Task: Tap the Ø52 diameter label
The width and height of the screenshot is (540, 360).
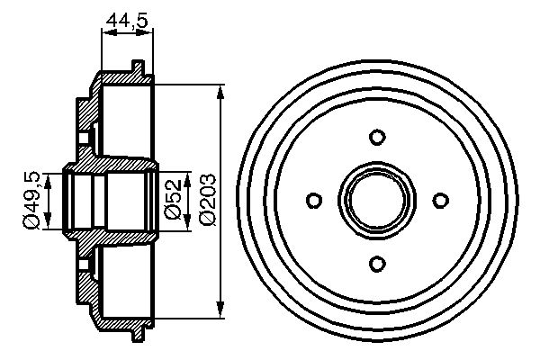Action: [x=175, y=199]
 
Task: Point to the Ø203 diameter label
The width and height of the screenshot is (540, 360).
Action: [x=206, y=199]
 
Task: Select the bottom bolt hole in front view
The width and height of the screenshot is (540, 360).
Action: [x=377, y=262]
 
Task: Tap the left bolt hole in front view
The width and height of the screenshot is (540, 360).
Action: [x=314, y=199]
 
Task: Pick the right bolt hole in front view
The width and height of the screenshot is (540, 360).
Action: [x=440, y=199]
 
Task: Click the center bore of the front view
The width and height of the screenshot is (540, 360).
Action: [x=377, y=199]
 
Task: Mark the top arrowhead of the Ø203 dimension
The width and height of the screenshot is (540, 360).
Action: [x=221, y=94]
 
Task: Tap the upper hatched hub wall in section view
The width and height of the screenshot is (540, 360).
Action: [x=85, y=117]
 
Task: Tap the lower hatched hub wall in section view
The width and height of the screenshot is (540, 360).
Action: [x=85, y=283]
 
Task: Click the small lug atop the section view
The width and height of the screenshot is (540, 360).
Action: [x=136, y=66]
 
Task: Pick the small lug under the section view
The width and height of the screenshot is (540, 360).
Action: [x=136, y=336]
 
